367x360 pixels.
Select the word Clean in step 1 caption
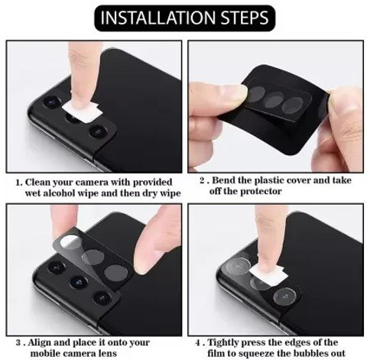(x=37, y=183)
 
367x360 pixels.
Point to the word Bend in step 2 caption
(x=222, y=180)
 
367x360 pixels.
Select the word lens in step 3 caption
(x=109, y=353)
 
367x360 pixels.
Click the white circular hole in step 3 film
(x=70, y=241)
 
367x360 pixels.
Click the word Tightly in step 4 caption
(x=223, y=342)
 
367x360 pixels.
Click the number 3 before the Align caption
(x=18, y=342)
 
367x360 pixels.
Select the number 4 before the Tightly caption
(x=198, y=342)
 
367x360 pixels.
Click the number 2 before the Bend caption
(x=203, y=180)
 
